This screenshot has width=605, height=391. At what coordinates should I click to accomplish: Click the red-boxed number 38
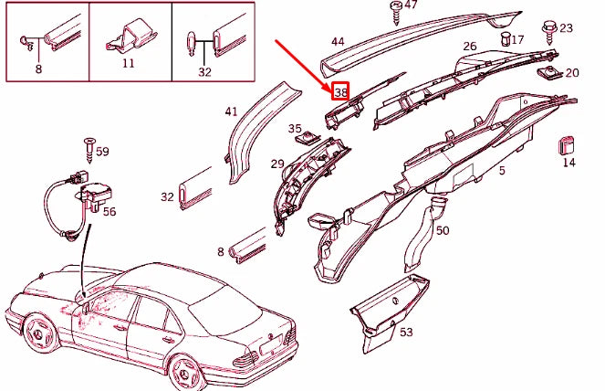[x=340, y=92]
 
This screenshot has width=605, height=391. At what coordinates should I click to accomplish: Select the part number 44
[x=338, y=42]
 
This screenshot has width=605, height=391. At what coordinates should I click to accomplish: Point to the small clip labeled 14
[x=567, y=145]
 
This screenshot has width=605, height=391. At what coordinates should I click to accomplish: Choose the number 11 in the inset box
[x=128, y=63]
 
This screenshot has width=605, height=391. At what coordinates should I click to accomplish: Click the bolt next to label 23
[x=551, y=32]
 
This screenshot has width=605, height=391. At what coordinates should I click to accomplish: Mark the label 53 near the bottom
[x=406, y=333]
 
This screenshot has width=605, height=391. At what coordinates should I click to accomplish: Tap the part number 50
[x=443, y=230]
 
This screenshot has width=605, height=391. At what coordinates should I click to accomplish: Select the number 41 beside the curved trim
[x=231, y=112]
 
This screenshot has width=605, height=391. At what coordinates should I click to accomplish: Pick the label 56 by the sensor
[x=110, y=211]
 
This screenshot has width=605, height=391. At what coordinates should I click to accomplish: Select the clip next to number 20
[x=549, y=71]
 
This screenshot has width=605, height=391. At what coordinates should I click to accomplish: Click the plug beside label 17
[x=505, y=38]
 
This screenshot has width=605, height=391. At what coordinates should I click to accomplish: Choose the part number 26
[x=469, y=46]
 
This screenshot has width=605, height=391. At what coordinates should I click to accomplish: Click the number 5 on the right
[x=502, y=171]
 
